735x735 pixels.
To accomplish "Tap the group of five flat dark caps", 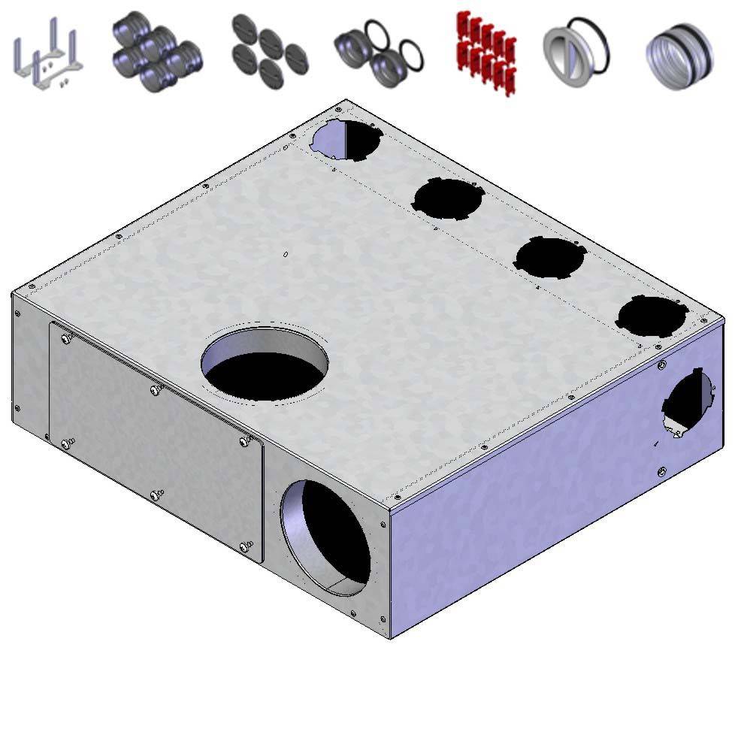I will pos(268,53).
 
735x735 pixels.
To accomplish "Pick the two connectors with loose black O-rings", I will pos(378,53).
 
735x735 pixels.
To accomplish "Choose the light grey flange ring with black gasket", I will pos(575,53).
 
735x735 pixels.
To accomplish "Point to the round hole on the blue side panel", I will pos(688,402).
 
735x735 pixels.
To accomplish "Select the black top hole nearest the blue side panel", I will pos(651,316).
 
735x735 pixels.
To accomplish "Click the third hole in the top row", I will pos(549,257).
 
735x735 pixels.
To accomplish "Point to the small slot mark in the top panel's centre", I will pos(286,254).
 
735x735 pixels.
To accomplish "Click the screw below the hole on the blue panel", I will pos(661,471).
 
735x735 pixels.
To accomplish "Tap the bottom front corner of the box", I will pos(390,637).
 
